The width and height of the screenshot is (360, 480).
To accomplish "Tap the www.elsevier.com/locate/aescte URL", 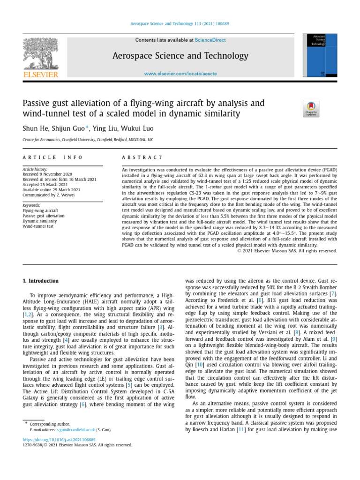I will pos(180,74).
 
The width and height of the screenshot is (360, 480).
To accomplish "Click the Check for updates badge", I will pos(311,109).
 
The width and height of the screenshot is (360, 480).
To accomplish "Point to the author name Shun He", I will pos(35,128).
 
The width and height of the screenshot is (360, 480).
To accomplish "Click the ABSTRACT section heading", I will pos(142,157).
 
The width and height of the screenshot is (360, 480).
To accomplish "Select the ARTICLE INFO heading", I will pos(52,157).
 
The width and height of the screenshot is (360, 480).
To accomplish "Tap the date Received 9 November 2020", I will pos(47,174).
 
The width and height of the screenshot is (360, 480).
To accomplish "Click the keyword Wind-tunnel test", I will pos(38,226).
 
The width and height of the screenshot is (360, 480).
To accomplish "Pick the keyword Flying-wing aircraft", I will pos(41,211).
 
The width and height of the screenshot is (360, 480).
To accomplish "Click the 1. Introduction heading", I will pos(41,281).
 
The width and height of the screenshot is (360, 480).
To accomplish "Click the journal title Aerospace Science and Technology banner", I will pos(180,56).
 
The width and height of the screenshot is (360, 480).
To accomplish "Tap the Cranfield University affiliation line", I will pos(87,140).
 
